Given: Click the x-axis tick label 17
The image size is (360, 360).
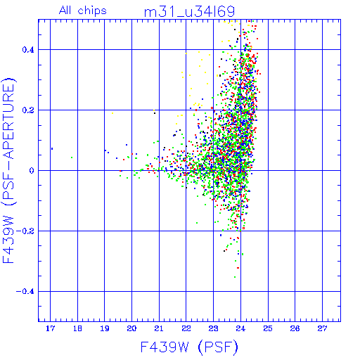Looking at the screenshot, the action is tap(50, 328).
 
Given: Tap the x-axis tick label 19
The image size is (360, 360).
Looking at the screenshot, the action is tap(105, 328).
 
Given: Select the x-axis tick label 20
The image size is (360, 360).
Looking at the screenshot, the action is tap(131, 328).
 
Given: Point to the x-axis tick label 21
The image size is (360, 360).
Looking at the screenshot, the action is tap(159, 328).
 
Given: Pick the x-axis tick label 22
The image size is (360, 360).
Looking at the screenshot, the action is tap(186, 328).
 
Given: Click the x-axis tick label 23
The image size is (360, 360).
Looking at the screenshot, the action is tap(213, 328).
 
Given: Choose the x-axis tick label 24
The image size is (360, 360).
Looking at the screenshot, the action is tap(240, 328).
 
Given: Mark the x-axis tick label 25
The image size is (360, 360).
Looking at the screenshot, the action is tap(268, 328).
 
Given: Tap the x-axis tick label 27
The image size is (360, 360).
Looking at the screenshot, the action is tap(322, 328).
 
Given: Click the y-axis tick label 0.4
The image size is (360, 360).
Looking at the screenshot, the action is tap(28, 50).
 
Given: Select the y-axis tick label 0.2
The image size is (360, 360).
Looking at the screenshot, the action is tap(28, 110).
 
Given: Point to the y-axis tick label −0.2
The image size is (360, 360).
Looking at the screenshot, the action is tap(25, 231).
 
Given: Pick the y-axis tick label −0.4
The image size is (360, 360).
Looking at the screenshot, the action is tap(25, 292).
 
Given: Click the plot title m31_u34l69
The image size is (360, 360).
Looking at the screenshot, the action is tap(189, 12).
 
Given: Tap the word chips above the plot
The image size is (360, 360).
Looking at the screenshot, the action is tap(92, 11).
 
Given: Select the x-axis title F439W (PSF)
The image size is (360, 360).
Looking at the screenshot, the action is tap(189, 347).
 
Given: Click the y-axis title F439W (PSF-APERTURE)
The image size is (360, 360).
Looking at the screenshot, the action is tap(8, 170).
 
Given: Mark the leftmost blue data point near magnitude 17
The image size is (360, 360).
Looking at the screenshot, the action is tap(52, 148).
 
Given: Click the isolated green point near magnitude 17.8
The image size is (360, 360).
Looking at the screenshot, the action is tap(72, 157).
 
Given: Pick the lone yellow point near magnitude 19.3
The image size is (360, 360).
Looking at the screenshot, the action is tap(112, 113).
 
